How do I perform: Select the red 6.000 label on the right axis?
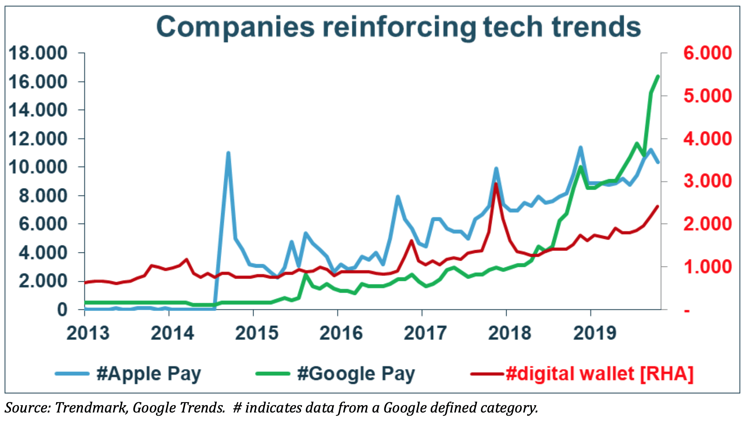(707, 53)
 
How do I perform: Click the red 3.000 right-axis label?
(707, 181)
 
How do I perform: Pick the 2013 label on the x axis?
(88, 333)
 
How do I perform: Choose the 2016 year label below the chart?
(341, 333)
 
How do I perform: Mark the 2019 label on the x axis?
(595, 333)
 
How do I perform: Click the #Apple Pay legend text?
(149, 374)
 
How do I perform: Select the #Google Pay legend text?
(356, 374)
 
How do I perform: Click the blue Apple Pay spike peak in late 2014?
(228, 153)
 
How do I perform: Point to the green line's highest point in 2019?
(658, 76)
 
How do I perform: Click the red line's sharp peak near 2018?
(496, 184)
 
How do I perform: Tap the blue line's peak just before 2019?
(580, 148)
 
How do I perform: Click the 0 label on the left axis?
(62, 310)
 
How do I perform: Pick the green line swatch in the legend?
(273, 374)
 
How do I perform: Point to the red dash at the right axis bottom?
(687, 311)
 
